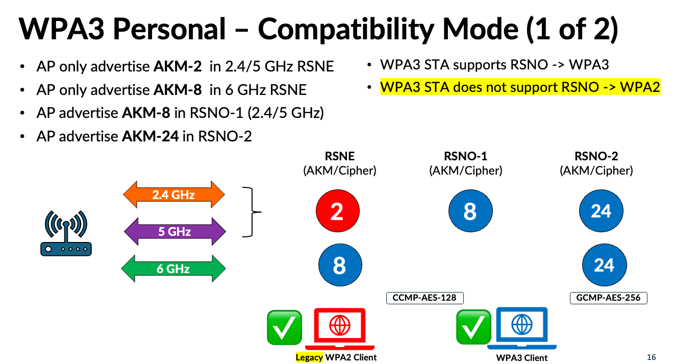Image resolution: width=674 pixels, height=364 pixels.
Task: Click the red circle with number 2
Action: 337,212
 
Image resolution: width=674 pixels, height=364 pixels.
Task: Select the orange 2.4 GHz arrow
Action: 173,195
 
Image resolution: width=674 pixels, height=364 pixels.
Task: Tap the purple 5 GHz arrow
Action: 174,231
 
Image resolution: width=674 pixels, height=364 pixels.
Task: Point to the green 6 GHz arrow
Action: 173,269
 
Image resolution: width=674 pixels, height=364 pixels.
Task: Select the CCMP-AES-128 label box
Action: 424,298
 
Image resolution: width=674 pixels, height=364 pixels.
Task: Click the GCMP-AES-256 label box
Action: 608,298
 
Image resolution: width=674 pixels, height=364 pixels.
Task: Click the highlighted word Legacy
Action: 309,357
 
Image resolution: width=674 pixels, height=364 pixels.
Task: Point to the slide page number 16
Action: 651,357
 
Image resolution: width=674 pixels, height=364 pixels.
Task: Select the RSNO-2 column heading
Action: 596,156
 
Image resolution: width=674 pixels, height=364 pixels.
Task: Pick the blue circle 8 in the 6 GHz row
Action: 340,265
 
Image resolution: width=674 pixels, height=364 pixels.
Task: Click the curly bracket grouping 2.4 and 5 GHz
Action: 250,212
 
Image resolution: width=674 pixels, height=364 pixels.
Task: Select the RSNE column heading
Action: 339,156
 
